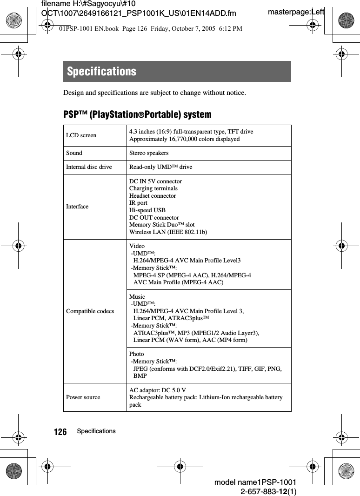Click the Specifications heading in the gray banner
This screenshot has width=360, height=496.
(x=102, y=72)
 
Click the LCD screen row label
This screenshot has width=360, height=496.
(x=81, y=135)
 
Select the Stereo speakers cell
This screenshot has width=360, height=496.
(x=149, y=153)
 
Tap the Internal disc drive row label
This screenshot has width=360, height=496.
(x=89, y=167)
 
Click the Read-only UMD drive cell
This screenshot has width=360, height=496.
(x=160, y=167)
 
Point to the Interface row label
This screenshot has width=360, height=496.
(x=77, y=207)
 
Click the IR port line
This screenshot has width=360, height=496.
(x=138, y=203)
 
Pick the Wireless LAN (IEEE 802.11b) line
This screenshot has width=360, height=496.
(x=168, y=232)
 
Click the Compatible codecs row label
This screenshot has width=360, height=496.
(x=90, y=311)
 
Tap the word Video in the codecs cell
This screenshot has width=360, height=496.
(x=137, y=246)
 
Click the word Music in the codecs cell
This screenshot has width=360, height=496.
(x=137, y=297)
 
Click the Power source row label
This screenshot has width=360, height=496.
(x=83, y=397)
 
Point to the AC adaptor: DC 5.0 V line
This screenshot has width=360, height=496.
(x=158, y=390)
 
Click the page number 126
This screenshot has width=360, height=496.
(x=60, y=432)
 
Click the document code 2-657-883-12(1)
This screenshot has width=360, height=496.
(x=268, y=491)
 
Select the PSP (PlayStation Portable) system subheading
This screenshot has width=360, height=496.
(x=137, y=114)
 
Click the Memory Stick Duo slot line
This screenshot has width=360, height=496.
(x=162, y=225)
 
